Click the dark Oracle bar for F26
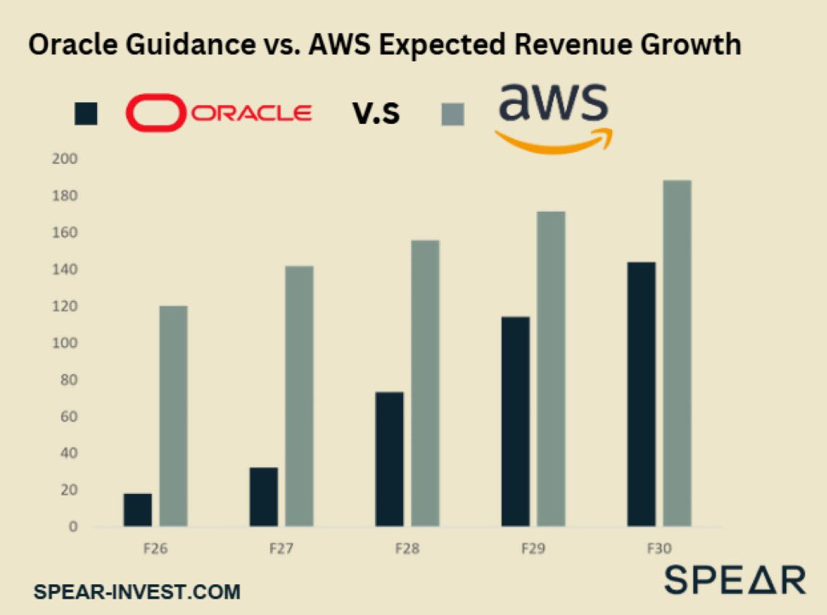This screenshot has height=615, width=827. click(138, 510)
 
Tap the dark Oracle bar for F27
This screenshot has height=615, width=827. click(264, 497)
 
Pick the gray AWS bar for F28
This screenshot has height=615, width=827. click(426, 383)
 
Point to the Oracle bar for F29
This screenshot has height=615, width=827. click(515, 421)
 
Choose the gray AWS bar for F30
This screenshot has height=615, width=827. click(677, 353)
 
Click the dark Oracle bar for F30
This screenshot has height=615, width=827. click(641, 394)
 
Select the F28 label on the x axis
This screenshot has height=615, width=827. click(407, 549)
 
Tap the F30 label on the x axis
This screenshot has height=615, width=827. click(659, 549)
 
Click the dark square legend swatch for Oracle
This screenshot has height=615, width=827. click(86, 114)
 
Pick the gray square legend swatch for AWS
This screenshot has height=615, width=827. click(452, 114)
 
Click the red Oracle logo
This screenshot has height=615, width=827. click(219, 114)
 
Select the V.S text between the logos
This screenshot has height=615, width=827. click(376, 114)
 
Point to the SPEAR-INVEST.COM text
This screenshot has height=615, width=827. click(137, 592)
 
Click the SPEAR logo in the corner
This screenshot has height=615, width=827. click(734, 580)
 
